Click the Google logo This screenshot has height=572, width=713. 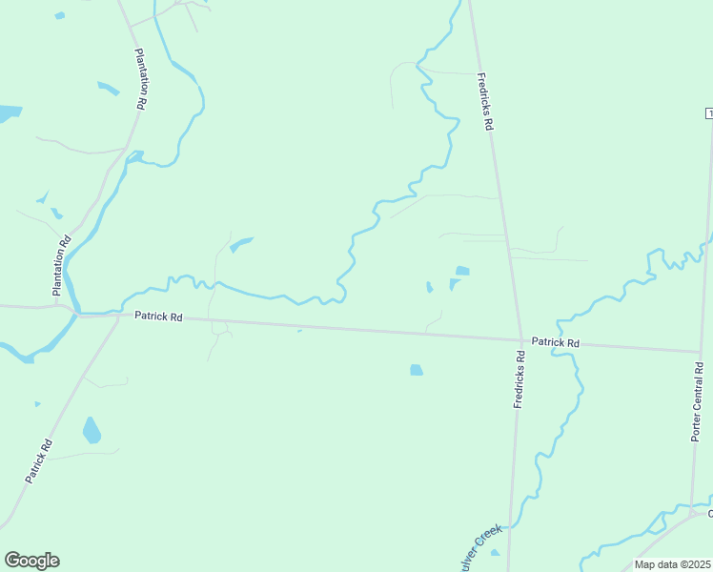click(31, 561)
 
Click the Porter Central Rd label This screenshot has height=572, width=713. click(698, 401)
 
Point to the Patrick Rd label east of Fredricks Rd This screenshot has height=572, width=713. click(556, 341)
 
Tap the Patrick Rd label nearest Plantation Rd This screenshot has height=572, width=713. click(157, 316)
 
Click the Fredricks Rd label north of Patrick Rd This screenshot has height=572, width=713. click(485, 102)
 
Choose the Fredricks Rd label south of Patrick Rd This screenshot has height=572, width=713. click(519, 380)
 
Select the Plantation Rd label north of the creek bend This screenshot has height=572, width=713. click(140, 80)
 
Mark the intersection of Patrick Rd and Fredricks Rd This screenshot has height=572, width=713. click(521, 339)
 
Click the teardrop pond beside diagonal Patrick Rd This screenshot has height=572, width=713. click(91, 431)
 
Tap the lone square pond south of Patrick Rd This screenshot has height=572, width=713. click(417, 370)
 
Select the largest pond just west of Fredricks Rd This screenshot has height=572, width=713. click(462, 271)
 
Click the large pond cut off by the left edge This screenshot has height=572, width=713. click(9, 113)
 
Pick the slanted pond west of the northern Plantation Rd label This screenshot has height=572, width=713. click(108, 89)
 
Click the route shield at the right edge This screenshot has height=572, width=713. click(708, 113)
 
